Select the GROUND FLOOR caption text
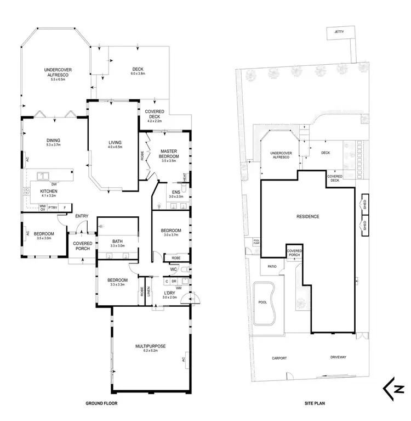[101, 403]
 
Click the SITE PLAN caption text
[316, 403]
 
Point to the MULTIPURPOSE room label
[151, 346]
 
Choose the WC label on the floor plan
[173, 270]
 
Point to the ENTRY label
[82, 216]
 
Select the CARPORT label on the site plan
[279, 358]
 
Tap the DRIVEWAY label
[338, 358]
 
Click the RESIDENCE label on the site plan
[308, 216]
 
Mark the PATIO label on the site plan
[272, 267]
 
